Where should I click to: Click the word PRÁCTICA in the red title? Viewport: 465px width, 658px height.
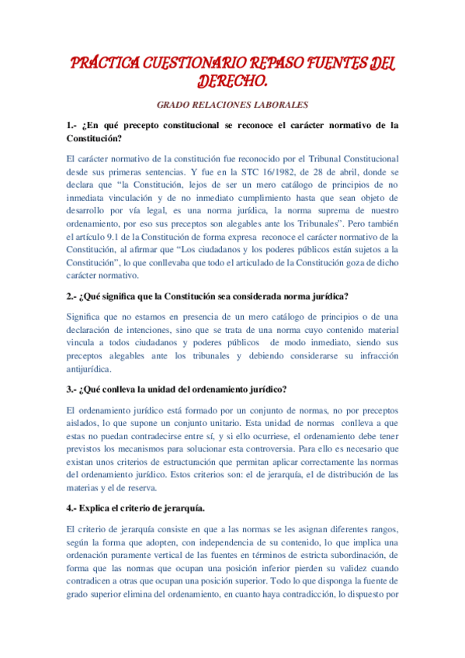click(102, 62)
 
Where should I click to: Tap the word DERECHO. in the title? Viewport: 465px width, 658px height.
click(232, 81)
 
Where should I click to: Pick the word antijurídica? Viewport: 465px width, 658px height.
click(90, 369)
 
